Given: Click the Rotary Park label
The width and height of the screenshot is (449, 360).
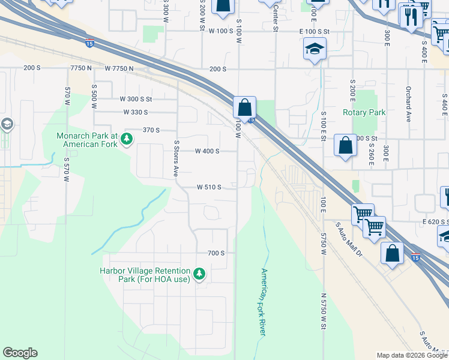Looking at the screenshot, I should click(363, 112).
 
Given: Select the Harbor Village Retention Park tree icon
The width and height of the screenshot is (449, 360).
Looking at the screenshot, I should click(199, 275).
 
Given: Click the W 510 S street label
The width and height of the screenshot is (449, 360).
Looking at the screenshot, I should click(209, 187).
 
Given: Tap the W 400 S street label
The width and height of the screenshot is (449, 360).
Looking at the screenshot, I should click(207, 151).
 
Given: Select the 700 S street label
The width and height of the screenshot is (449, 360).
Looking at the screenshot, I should click(216, 253).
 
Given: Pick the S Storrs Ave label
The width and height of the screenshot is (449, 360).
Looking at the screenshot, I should click(176, 158).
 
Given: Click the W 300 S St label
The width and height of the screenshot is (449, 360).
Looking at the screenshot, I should click(136, 99).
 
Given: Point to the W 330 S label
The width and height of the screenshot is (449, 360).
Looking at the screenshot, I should click(136, 112).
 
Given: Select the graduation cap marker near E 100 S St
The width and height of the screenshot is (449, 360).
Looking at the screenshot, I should click(315, 50).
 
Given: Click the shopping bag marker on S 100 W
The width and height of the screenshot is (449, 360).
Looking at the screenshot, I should click(244, 108).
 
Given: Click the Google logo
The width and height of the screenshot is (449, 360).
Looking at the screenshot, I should click(20, 353).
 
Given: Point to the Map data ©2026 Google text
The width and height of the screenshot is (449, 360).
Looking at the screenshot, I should click(412, 355).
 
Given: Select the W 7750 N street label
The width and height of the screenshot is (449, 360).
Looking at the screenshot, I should click(119, 69).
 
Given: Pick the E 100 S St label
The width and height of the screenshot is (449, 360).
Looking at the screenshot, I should click(315, 31).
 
